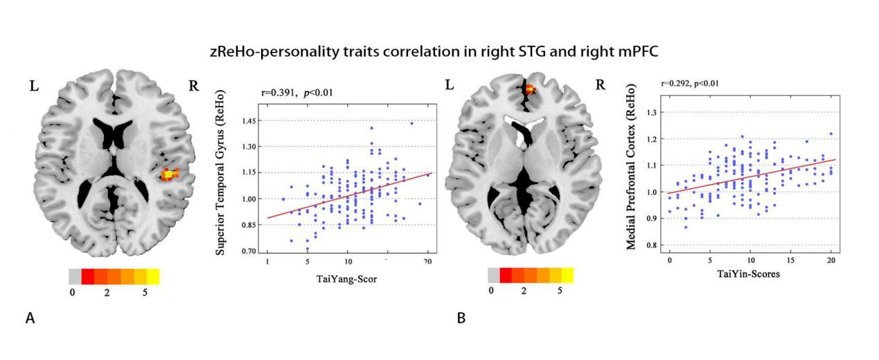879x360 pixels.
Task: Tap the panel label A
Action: point(30,318)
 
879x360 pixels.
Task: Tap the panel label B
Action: point(461,318)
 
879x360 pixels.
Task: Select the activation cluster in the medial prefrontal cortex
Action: point(530,89)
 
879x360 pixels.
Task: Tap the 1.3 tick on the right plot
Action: point(650,112)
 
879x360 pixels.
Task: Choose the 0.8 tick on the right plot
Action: point(650,246)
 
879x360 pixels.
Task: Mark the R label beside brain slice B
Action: point(600,86)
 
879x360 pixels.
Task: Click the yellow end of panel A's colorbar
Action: point(153,277)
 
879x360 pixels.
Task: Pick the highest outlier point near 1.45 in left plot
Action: point(411,123)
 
